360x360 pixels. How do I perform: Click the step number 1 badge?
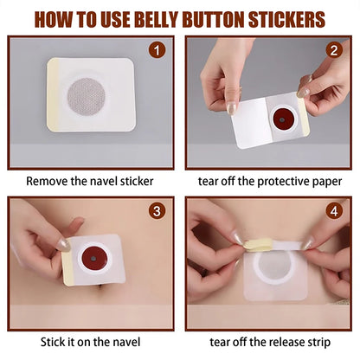(x=157, y=51)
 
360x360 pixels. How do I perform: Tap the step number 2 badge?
(x=334, y=51)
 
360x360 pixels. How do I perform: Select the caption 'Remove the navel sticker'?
(x=90, y=181)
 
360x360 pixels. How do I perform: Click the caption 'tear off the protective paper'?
(x=268, y=181)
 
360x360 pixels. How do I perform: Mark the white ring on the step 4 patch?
(x=268, y=270)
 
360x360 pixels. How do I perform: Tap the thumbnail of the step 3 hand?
(x=63, y=245)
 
